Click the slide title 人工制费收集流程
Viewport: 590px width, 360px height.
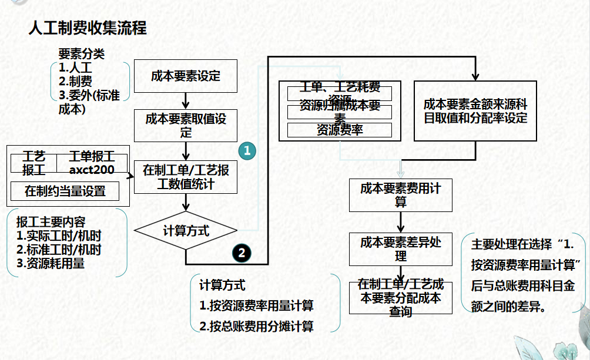(x=88, y=28)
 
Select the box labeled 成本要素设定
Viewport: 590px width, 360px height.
(x=186, y=76)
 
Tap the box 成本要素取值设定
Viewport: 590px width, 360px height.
(x=186, y=125)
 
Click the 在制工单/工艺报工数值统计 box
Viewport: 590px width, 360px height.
(x=186, y=177)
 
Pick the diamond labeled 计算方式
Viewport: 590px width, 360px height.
(x=186, y=231)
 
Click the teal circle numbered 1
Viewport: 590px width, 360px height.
(x=247, y=150)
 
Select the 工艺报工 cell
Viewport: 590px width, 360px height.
(x=33, y=163)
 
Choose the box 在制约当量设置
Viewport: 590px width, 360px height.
(x=65, y=191)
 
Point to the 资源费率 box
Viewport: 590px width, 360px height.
(x=339, y=130)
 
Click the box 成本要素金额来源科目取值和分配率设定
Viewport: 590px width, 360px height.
(x=475, y=111)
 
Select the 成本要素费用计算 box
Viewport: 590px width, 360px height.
(x=401, y=196)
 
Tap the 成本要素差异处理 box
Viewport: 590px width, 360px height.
(x=401, y=249)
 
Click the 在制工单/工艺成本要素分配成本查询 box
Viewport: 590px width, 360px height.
(x=401, y=297)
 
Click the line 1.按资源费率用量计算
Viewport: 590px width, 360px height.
(x=256, y=305)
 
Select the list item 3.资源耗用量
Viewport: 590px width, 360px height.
(x=51, y=263)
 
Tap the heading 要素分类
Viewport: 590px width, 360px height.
(x=81, y=53)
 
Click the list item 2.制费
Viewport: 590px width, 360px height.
(x=75, y=82)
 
